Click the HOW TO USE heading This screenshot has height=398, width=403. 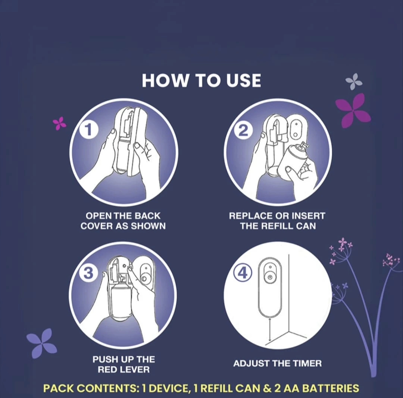point(201,80)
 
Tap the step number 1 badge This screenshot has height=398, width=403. point(89,129)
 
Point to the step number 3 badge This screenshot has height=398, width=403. point(88,273)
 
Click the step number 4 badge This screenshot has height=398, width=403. point(243,274)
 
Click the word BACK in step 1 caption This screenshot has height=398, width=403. point(148,216)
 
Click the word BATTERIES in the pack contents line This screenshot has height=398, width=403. point(330,388)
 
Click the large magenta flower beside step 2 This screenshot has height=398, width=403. point(353,110)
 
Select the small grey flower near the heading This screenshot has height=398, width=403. point(354,82)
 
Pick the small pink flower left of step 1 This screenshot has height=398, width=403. point(60,123)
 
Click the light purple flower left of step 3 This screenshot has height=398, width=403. point(42,343)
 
